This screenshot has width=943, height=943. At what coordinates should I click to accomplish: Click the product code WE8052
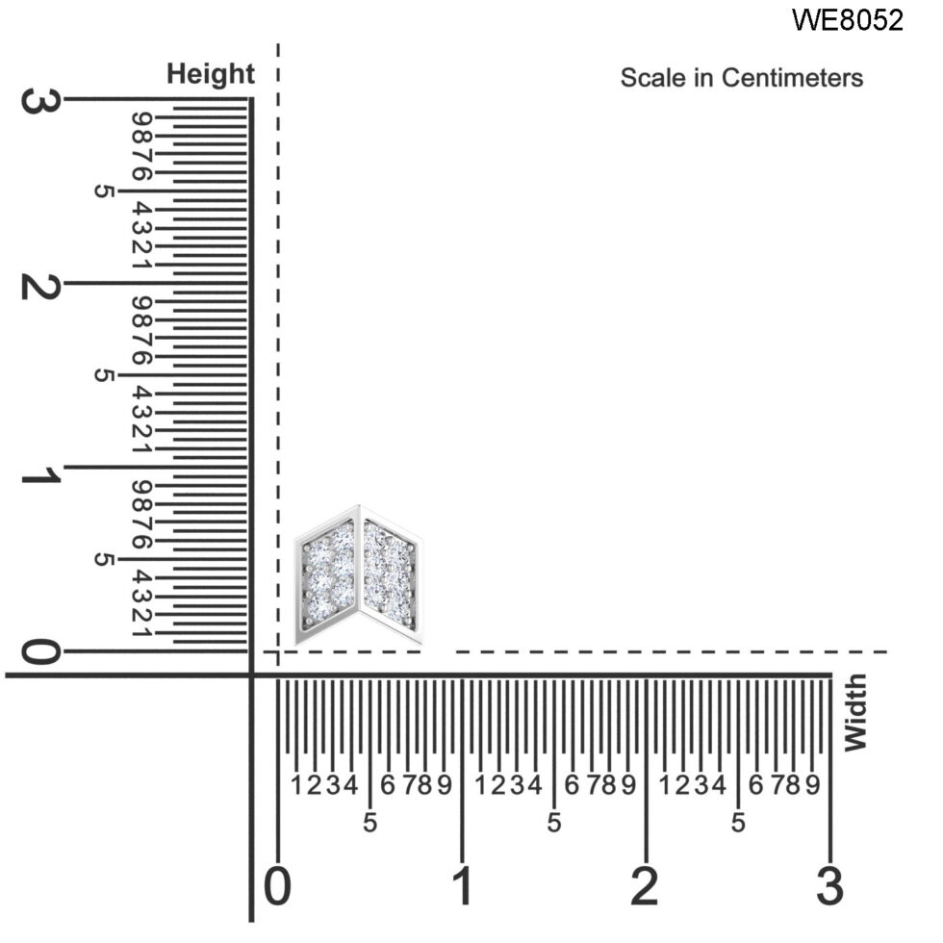(x=848, y=20)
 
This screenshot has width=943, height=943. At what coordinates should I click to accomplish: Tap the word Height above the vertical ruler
(x=211, y=75)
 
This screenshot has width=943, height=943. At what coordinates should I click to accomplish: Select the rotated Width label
(x=855, y=713)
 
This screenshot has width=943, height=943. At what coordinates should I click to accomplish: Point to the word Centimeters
(x=792, y=78)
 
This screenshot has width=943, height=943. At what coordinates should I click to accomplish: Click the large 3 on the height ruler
(x=39, y=100)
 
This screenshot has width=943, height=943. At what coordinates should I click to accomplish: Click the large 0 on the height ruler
(x=39, y=652)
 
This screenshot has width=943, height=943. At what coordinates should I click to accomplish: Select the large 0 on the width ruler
(x=278, y=886)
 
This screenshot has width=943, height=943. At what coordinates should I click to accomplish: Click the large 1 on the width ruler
(x=462, y=886)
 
